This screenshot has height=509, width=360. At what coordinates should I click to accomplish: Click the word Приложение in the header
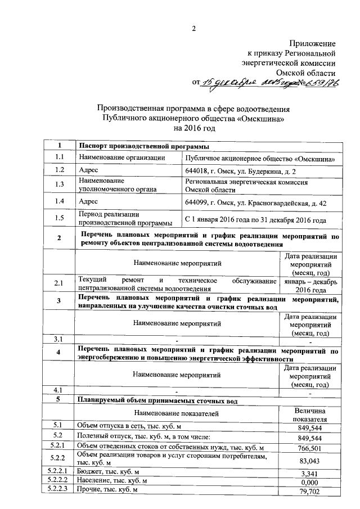313,43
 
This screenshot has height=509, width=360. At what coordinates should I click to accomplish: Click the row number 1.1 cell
59,158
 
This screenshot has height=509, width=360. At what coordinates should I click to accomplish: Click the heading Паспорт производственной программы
140,147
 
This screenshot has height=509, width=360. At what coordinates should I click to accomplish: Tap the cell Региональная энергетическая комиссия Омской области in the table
246,186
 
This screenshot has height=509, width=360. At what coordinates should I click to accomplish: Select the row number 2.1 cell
59,286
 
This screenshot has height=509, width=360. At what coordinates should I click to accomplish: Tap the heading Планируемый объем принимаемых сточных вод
157,401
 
